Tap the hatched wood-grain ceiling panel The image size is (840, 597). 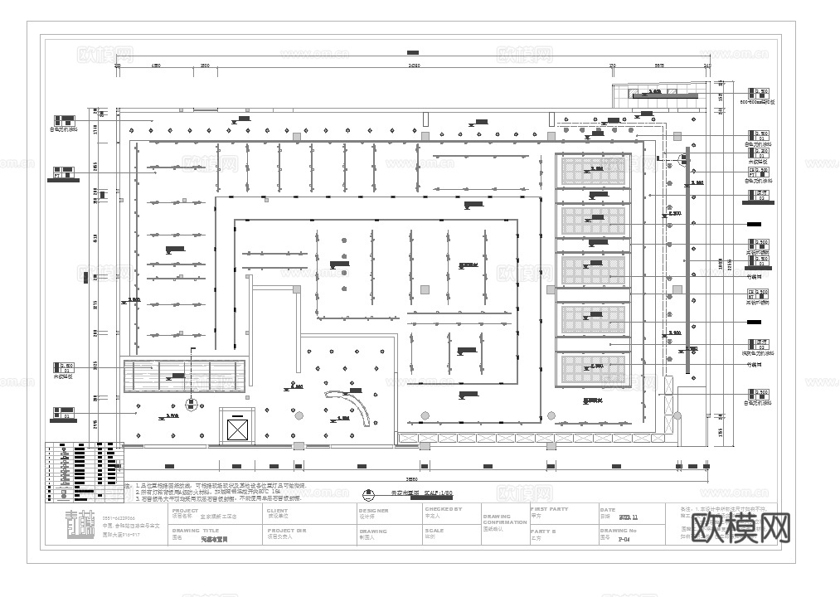pos(184,376)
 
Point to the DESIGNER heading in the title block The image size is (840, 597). pos(373,511)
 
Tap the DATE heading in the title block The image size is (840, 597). pos(608,511)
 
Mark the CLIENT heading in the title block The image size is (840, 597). pos(277,511)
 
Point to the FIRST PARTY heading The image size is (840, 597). pos(549,510)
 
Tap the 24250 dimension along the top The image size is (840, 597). pos(412,65)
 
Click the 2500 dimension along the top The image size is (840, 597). pos(204,65)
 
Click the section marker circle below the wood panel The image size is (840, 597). pos(192,404)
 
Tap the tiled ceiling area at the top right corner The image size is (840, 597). pos(655,96)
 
